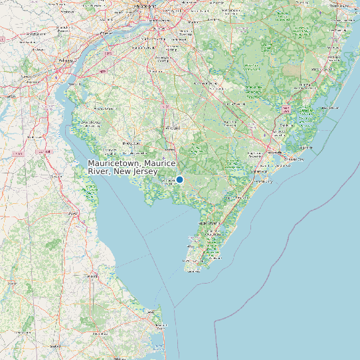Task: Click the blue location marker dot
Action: (179, 179)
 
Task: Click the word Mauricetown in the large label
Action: (112, 163)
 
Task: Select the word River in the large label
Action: (99, 171)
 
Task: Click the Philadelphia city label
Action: (146, 5)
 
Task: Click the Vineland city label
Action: (172, 127)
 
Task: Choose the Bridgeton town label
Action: (132, 143)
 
